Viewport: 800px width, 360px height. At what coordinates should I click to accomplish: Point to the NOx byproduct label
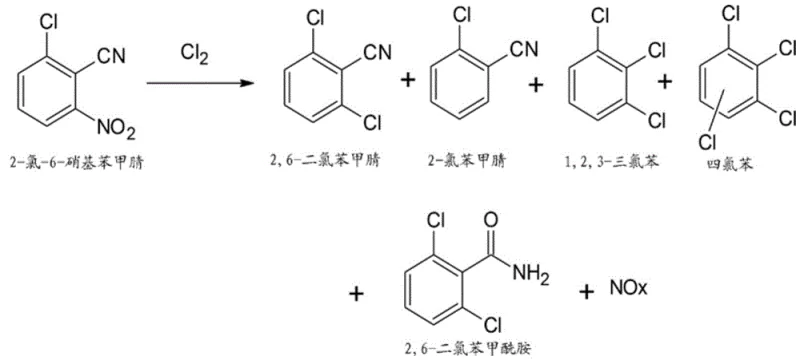pos(630,290)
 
